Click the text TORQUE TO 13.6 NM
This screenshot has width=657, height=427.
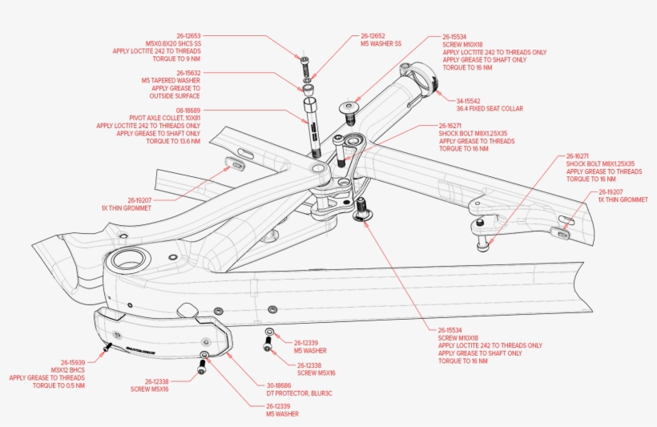click(173, 141)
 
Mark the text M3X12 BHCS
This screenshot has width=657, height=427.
click(67, 369)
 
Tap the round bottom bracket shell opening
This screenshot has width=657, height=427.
click(131, 259)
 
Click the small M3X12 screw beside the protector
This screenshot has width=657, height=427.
click(107, 348)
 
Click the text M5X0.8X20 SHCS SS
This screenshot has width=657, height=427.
click(173, 43)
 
